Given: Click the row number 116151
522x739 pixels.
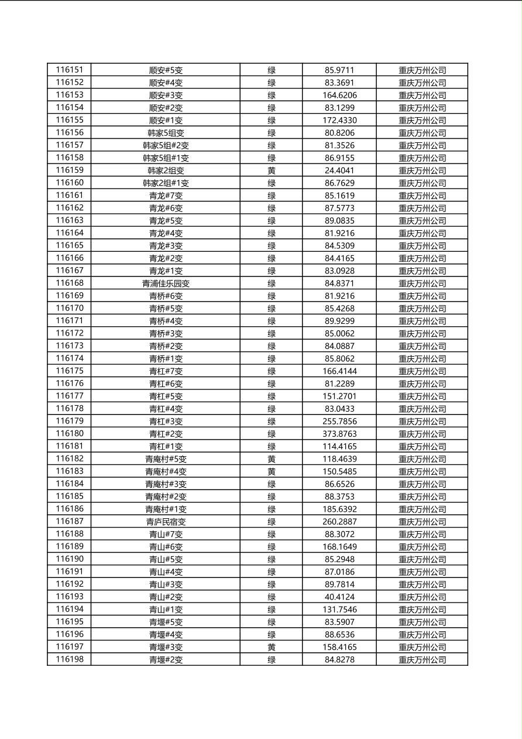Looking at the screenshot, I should coord(70,70).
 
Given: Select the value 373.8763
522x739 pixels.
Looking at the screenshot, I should coord(339,434).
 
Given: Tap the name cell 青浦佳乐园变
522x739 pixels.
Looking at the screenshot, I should coord(166,283).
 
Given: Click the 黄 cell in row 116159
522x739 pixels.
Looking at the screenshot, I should coord(272,170).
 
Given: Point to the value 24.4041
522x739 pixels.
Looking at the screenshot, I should coord(339,170).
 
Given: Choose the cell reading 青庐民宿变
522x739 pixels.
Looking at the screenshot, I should coord(166,522).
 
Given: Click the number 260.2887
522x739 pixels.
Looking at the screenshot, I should coord(339,522).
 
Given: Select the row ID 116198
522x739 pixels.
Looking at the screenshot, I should coord(70,659).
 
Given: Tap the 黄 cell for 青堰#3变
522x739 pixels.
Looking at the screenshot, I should coord(272,647).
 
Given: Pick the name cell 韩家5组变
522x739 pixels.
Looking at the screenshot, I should coord(166,133).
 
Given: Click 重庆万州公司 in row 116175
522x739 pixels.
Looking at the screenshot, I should coord(422,371).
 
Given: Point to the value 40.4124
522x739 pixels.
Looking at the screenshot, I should coord(339,597).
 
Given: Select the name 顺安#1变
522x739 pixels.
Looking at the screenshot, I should coord(166,120).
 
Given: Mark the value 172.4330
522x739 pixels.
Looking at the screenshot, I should coord(339,120).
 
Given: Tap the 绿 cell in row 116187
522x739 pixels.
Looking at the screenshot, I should coord(272,522).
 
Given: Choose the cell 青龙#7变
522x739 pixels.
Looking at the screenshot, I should coord(166,196).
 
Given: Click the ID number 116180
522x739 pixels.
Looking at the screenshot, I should coord(70,434).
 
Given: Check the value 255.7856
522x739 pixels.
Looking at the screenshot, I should coord(339,421).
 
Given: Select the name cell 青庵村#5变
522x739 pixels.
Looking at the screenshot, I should coord(166,459).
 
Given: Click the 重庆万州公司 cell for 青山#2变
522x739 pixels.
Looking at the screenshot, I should coord(422,597).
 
